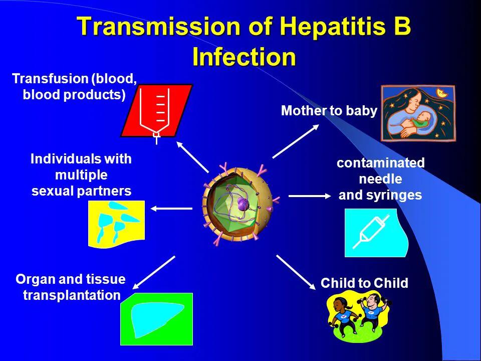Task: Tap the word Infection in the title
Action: coord(244,57)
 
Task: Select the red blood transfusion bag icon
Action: coord(156,112)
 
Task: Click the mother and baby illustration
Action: coord(418,113)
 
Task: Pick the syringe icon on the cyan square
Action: coord(371,232)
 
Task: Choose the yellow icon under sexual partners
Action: coord(117,224)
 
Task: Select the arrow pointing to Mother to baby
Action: coord(296,141)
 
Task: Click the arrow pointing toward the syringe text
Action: coord(310,196)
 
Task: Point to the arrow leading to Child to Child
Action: coord(296,272)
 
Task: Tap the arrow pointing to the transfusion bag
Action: coord(192,156)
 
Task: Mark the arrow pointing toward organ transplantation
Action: coord(153,273)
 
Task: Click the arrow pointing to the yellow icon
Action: coord(171,209)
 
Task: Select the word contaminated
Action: coord(381,162)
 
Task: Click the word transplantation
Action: coord(72,295)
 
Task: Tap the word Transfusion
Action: coord(50,79)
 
